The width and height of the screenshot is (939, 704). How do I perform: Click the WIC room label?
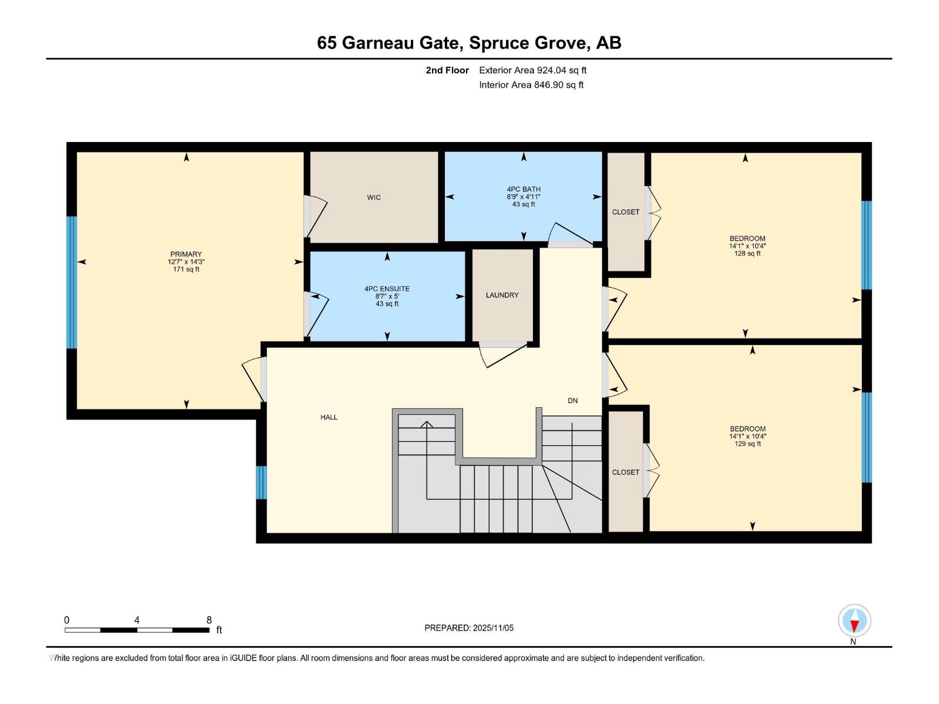pos(374,198)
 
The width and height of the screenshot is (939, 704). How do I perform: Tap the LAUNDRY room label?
pos(502,295)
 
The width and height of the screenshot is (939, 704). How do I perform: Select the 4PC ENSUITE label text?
pos(387,289)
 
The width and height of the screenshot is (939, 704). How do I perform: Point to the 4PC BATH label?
pos(523,189)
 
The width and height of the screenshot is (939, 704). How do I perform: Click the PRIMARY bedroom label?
pos(186,255)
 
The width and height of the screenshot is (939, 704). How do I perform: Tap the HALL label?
pos(329,417)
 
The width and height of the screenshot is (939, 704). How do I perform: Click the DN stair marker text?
pos(572,401)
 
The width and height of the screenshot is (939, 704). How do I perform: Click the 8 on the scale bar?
pos(209,620)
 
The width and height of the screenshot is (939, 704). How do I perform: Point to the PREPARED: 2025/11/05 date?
pos(469,628)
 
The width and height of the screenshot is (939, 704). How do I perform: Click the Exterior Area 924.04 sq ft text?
pos(532,70)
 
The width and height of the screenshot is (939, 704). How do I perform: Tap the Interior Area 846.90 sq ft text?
pos(531,85)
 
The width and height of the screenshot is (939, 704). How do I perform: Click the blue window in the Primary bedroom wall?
pos(72,282)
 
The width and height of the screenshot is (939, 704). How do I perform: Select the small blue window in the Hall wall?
pos(262,482)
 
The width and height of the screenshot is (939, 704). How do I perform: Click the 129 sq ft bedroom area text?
pos(748,444)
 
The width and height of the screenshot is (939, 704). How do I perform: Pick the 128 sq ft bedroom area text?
pos(748,254)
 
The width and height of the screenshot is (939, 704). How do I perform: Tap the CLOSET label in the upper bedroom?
pos(626,212)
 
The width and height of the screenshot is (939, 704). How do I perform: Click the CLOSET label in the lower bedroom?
pos(626,472)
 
